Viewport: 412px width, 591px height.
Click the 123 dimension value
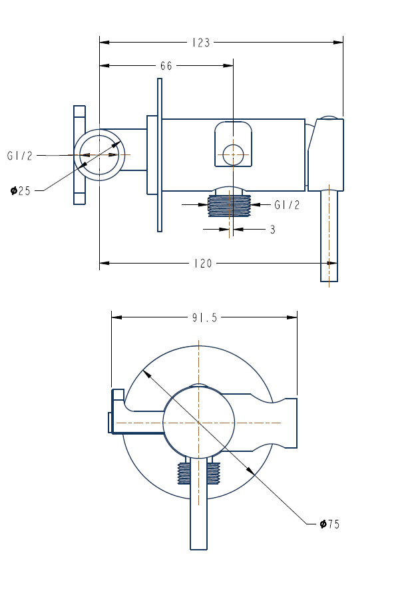tap(200, 43)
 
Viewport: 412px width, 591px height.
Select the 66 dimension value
tap(166, 66)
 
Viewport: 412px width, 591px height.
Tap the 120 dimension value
tap(203, 264)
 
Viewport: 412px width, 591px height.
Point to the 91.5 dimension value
tap(204, 317)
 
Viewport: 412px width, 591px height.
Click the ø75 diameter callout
tap(329, 524)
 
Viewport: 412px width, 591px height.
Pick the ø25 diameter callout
tap(21, 191)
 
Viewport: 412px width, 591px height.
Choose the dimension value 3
tap(272, 230)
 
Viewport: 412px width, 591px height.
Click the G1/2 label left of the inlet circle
tap(19, 156)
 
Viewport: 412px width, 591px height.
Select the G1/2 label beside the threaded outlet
tap(287, 205)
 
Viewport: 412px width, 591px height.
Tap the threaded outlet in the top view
tap(229, 206)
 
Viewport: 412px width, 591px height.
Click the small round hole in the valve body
tap(233, 154)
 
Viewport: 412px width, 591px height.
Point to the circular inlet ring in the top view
tap(99, 154)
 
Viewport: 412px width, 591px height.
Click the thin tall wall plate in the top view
tap(160, 155)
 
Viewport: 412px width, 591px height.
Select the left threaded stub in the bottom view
tap(184, 473)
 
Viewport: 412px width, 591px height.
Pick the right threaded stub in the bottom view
tap(213, 473)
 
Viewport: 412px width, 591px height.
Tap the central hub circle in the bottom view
tap(199, 423)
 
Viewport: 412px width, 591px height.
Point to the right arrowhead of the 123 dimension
tap(339, 43)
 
